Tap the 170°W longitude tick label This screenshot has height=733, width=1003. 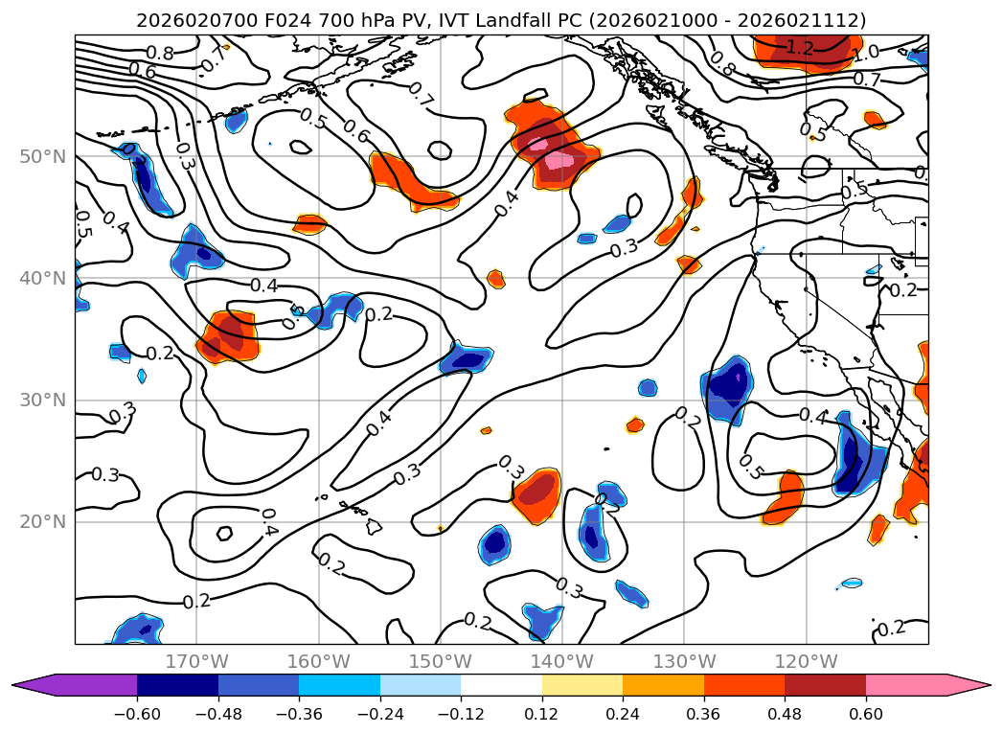(x=196, y=661)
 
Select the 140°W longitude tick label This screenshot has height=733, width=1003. (x=562, y=661)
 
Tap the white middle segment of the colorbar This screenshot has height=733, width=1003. (x=501, y=685)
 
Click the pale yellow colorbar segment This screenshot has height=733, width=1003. (x=582, y=685)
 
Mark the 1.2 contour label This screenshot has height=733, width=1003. (x=799, y=47)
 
